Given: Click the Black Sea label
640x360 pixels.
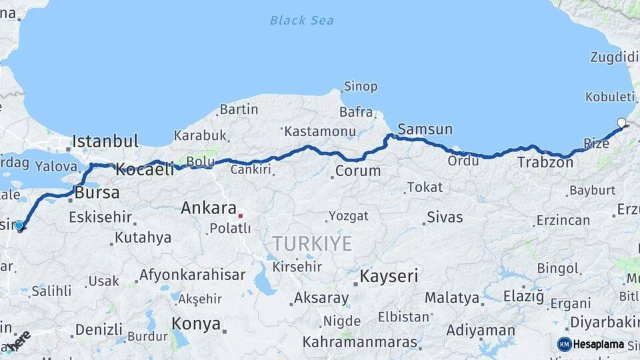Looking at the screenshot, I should point(301,20).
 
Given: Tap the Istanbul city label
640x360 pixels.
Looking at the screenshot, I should point(105,141).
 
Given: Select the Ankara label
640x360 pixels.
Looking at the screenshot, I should point(209,208).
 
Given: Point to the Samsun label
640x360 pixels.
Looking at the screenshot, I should point(425,129).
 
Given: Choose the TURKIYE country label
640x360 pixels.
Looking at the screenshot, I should point(311,244).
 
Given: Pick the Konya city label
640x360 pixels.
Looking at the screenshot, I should point(196,324).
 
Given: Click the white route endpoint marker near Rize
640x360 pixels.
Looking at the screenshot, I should point(622,123).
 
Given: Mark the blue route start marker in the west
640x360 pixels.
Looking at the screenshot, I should point(19,225).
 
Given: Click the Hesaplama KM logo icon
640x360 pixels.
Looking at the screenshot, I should point(564,344).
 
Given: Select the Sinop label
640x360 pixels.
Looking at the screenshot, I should point(361,87).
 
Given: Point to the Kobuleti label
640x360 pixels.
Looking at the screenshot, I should point(610,97).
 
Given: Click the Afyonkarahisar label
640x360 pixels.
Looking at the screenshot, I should point(193,275).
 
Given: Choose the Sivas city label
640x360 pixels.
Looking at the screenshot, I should point(445,217).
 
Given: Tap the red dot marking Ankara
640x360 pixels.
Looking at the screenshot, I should point(240,215).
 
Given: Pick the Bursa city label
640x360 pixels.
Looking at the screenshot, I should point(97,193).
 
